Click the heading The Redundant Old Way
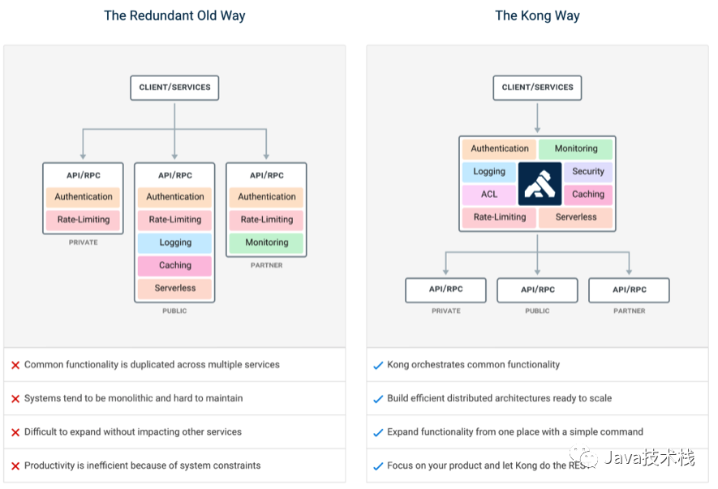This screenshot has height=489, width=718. tap(174, 15)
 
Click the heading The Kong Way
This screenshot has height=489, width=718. tap(537, 15)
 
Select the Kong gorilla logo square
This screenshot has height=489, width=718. tap(540, 183)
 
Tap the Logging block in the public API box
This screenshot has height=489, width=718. tap(175, 242)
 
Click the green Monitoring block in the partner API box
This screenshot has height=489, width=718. tap(266, 242)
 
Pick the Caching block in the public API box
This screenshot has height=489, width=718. tap(175, 265)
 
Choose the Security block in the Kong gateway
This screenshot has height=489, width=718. tap(588, 172)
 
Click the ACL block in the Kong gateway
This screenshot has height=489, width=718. tap(489, 195)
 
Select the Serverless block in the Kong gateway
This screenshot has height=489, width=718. tap(575, 217)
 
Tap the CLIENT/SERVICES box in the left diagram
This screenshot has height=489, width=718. tap(174, 88)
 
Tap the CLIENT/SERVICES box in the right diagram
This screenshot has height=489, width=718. tap(537, 88)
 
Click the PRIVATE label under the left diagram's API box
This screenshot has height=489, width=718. tap(83, 242)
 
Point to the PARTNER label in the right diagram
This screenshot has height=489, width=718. tap(630, 311)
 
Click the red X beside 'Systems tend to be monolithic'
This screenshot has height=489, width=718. tap(15, 399)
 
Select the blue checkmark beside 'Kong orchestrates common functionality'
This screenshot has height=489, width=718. tap(378, 366)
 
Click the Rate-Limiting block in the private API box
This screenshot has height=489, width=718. tap(83, 220)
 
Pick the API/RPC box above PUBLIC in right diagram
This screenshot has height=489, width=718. tap(537, 290)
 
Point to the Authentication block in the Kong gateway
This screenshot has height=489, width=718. tap(499, 148)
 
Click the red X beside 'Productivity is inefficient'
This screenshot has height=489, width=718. tap(15, 466)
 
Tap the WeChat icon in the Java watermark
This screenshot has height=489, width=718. tap(583, 456)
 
